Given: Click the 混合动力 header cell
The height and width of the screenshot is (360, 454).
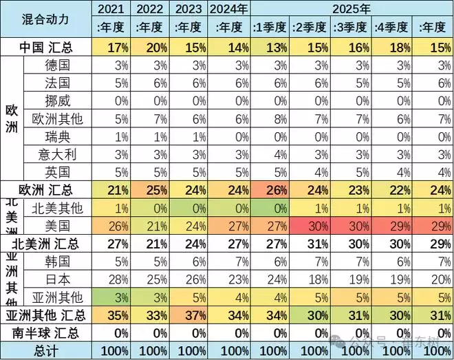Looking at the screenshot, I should click(x=45, y=19).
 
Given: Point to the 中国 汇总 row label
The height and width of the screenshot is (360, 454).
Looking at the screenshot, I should click(x=45, y=47).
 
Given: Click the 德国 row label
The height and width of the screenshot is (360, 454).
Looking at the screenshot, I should click(x=57, y=65).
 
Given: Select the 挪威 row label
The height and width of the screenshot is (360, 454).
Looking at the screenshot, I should click(x=57, y=100).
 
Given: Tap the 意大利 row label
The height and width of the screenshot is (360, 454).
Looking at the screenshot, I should click(x=57, y=153).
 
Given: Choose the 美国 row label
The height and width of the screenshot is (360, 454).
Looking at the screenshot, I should click(x=57, y=225).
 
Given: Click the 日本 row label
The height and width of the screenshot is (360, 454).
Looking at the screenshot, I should click(x=57, y=279).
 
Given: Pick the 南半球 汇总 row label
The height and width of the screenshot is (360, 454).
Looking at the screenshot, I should click(x=45, y=333).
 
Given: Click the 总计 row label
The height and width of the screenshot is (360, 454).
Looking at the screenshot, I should click(x=45, y=351).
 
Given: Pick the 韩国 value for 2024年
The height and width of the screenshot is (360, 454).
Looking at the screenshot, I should click(x=227, y=261).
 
